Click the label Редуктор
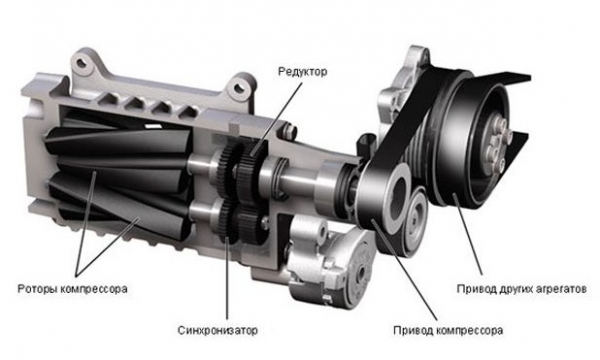[x=302, y=72]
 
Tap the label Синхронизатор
[x=217, y=330]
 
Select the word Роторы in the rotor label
[x=37, y=288]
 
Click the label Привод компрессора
[x=448, y=330]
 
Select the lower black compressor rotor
[x=119, y=203]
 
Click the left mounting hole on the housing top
[x=83, y=62]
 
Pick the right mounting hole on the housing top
[x=240, y=87]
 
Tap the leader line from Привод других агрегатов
[x=468, y=235]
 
